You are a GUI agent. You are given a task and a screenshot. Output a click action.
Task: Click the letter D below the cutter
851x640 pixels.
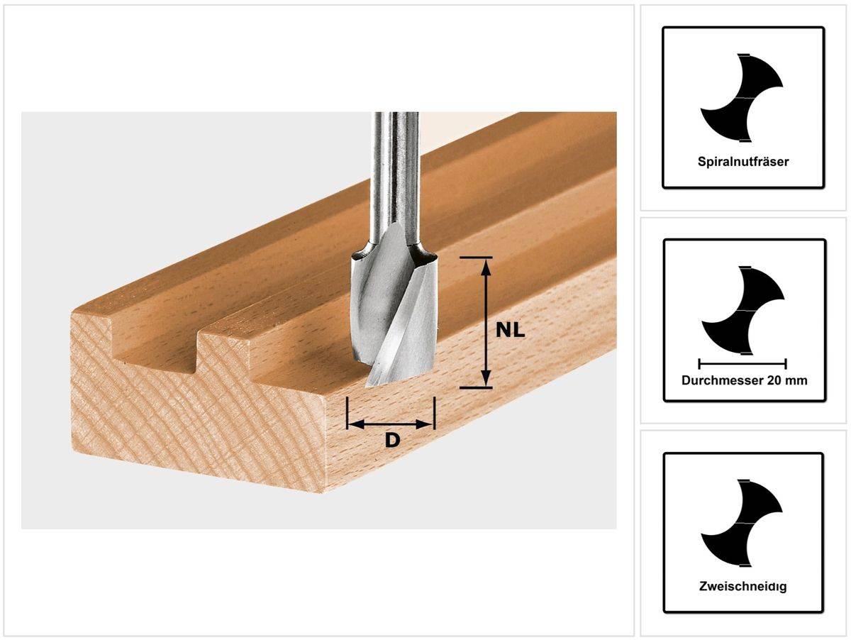coord(391,441)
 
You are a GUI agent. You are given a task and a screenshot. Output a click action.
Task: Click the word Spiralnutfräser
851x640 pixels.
coord(743,161)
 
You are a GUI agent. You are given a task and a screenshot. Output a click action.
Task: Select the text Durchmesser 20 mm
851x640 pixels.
coord(744,380)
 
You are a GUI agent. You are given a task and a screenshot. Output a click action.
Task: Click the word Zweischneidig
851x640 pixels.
coord(743,587)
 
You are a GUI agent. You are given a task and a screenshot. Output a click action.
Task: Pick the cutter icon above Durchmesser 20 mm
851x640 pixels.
coord(742,310)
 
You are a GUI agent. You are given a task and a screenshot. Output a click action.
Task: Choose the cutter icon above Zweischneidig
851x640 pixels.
coord(742,524)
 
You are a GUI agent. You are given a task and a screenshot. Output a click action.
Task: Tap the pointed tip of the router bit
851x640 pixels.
coord(370,384)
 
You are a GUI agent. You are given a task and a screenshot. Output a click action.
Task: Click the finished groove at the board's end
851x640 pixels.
coord(157,341)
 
